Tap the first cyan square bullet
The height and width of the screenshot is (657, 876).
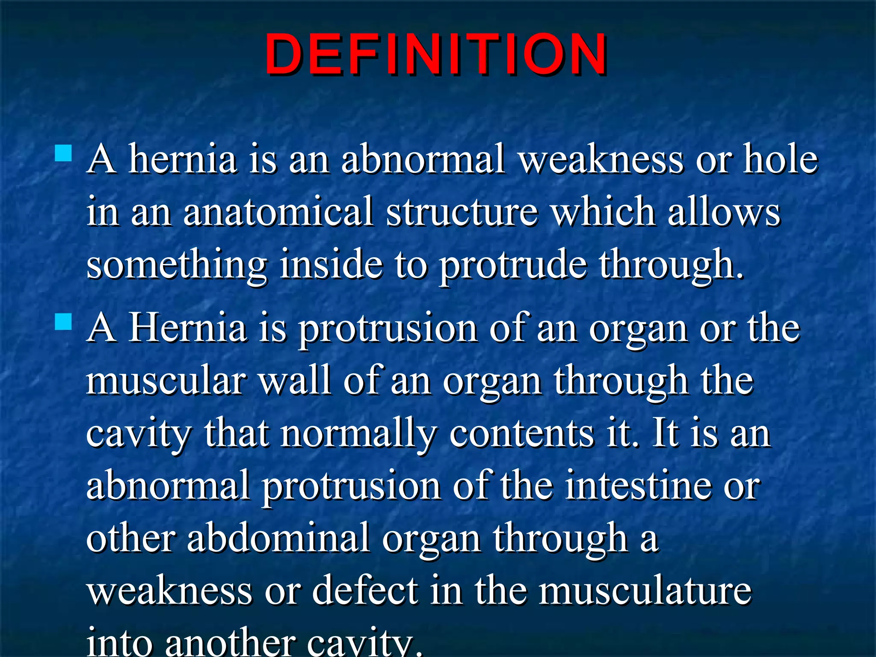(64, 152)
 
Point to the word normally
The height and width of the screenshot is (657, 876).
(358, 435)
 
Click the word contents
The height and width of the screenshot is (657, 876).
(521, 434)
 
